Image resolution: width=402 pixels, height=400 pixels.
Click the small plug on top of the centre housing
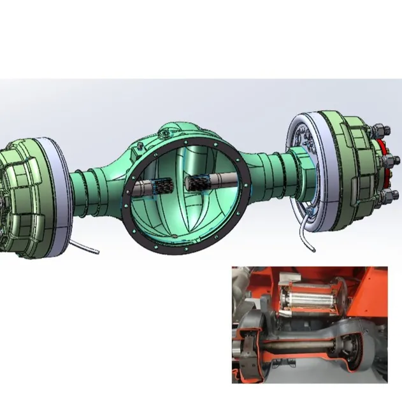pos(164,132)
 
